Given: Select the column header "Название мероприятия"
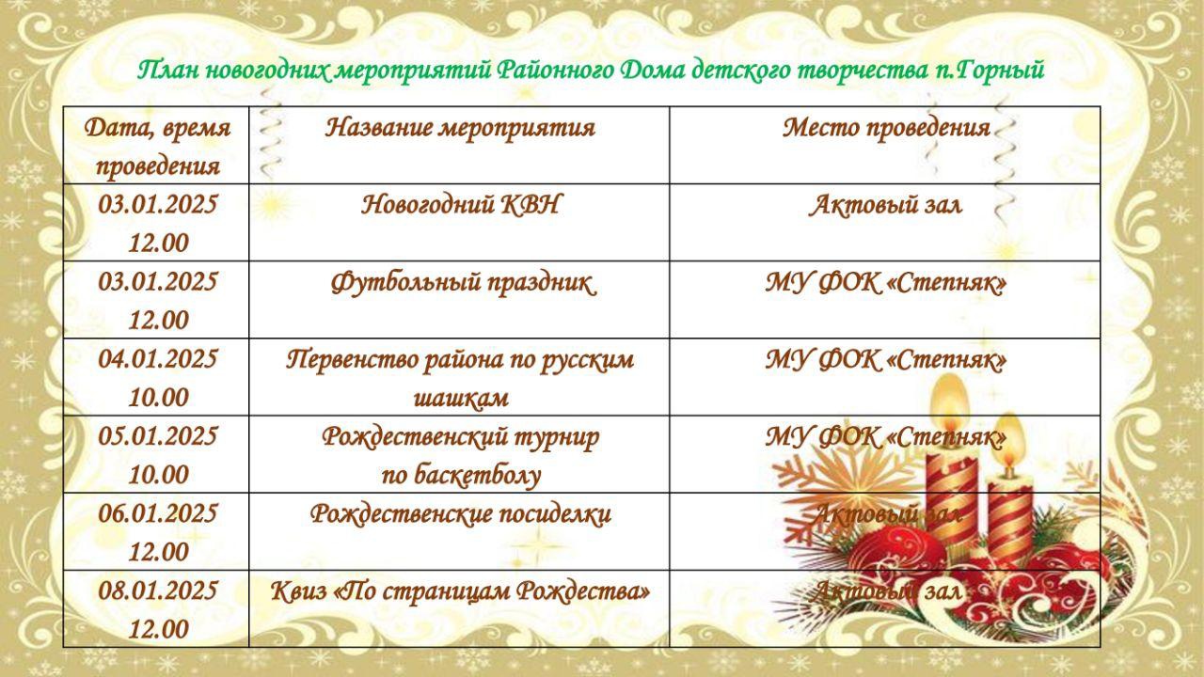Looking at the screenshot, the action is coord(460,129).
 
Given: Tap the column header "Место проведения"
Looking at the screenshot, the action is coord(886,128).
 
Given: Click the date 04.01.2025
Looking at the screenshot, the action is coord(157,359).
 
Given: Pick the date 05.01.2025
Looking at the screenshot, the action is coord(157,436).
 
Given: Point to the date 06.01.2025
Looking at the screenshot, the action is coord(157,513).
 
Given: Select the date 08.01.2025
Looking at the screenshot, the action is coord(157,591).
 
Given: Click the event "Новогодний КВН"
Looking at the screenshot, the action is coord(460,205).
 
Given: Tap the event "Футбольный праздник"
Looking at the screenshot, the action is coord(464,283).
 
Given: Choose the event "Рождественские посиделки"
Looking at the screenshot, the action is coord(461,514).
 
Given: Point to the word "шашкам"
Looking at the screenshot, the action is coord(461,398).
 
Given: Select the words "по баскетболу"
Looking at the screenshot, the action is coord(461,475).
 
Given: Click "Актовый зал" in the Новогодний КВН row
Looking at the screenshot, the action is coord(885,205).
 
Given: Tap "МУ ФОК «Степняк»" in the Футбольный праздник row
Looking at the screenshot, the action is coord(886,283).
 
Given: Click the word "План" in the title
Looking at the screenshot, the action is coord(168,71).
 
